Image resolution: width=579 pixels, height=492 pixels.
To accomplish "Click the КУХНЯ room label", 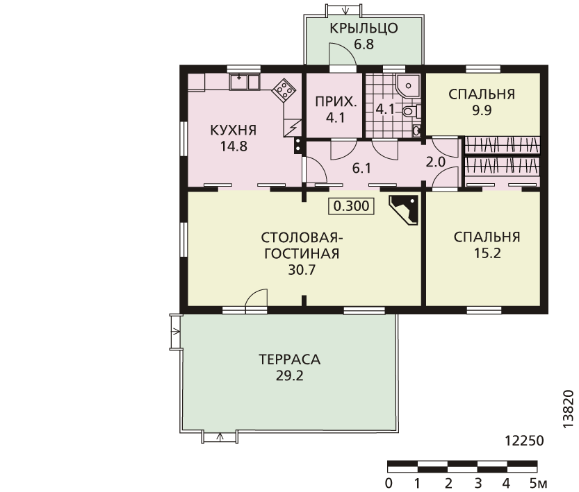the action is [x=233, y=130].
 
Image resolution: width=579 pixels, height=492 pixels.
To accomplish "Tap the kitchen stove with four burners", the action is [x=284, y=90].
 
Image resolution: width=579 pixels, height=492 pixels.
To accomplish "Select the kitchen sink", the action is [x=245, y=82].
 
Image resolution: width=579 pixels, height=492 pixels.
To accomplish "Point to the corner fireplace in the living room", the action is [x=404, y=210].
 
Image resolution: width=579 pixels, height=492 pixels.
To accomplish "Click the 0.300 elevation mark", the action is [x=351, y=206].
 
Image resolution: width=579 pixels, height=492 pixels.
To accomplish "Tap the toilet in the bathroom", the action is [x=411, y=110].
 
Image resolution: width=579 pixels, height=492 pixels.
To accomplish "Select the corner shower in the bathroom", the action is [x=408, y=86].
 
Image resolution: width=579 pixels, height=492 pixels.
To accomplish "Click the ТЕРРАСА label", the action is [x=289, y=359].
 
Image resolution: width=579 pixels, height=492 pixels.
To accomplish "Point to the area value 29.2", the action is [x=289, y=376].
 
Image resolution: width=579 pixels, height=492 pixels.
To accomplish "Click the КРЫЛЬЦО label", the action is [x=364, y=28].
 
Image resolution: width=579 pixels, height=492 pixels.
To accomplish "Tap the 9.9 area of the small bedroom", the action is [x=482, y=110].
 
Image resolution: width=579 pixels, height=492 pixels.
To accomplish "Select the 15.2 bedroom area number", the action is [x=487, y=253].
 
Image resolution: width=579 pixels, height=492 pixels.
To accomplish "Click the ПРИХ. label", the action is [x=336, y=102].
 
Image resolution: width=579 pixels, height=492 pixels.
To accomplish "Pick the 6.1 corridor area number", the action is [x=361, y=169].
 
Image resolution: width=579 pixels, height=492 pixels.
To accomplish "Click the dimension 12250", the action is [x=524, y=441].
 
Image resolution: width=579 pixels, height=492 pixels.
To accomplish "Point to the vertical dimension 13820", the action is [x=569, y=409].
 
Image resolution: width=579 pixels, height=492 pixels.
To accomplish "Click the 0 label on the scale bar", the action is [x=389, y=483].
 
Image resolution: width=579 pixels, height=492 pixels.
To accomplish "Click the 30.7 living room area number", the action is [x=302, y=270].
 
